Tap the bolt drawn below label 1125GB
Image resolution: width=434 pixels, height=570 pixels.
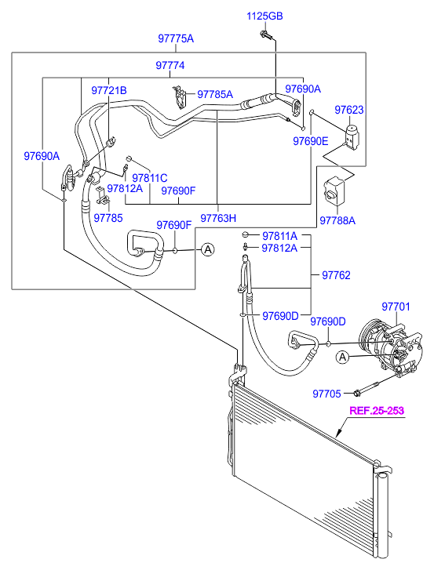268,34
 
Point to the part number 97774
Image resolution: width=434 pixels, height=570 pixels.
170,66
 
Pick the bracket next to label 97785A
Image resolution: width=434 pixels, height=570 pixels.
179,98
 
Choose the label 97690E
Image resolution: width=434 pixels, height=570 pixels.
311,141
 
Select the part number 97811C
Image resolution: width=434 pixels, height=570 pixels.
149,177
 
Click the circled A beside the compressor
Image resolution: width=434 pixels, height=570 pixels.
342,358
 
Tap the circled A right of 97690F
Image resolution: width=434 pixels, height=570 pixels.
207,249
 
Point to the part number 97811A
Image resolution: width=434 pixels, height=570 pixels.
279,236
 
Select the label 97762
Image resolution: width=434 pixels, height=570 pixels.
336,275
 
